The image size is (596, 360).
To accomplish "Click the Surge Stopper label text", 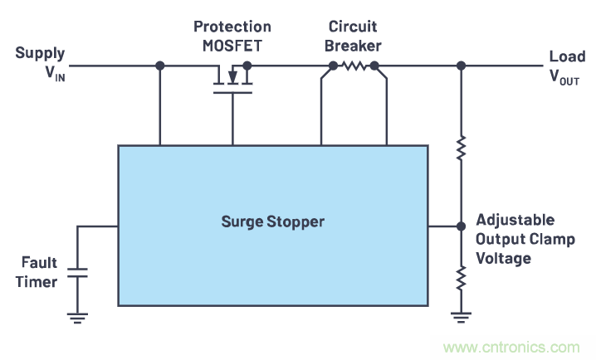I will point(272,221).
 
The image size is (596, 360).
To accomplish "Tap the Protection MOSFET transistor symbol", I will point(232,80).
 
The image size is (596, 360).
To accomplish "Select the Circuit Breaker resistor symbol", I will point(354,66).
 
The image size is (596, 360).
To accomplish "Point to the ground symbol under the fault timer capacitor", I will point(77,314).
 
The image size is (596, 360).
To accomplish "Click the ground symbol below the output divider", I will point(461,314).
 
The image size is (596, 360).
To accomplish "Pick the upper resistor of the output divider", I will point(461,150).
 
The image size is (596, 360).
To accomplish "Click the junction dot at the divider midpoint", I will point(461,226).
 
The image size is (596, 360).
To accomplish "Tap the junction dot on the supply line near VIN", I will point(159,66).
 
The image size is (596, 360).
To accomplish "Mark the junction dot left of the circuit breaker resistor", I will point(333,66).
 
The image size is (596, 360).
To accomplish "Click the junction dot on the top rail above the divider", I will point(461,66).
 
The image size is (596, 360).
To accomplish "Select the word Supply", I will point(40,54).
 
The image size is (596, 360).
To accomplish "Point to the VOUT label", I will point(564,77).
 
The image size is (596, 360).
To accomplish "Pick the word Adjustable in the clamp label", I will point(515,221).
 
